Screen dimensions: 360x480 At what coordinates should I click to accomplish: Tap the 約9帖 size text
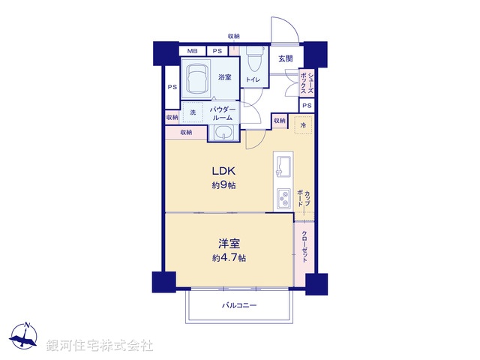point(224,185)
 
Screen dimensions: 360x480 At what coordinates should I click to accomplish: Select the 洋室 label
point(229,243)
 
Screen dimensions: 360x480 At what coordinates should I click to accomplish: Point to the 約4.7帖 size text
point(229,258)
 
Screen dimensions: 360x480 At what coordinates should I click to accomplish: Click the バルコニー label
point(239,306)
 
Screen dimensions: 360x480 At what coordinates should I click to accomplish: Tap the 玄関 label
point(286,59)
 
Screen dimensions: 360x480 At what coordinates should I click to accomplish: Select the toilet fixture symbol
point(253,57)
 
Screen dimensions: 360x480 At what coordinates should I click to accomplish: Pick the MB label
point(192,51)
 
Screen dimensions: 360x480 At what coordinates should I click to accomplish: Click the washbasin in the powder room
point(222,133)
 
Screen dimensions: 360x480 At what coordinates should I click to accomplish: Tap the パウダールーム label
point(223,114)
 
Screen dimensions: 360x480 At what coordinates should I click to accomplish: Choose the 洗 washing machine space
point(193,112)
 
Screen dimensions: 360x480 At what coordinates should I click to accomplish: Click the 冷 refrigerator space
point(303,126)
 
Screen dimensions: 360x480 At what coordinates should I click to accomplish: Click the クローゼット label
point(304,247)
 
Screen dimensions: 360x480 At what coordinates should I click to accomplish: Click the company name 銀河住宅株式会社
point(100,346)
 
